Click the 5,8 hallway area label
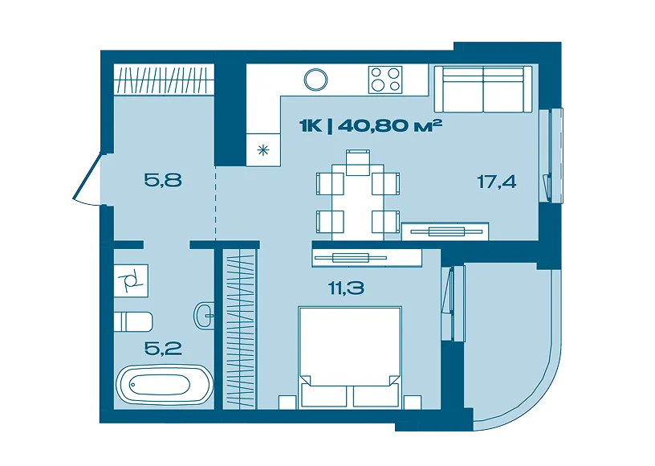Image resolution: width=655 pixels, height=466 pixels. tap(163, 181)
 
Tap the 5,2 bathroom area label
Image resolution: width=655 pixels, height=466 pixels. tap(163, 348)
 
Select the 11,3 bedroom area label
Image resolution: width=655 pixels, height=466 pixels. tap(346, 288)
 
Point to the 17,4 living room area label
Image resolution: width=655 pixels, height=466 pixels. tap(497, 182)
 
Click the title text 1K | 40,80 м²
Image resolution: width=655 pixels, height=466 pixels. tap(371, 125)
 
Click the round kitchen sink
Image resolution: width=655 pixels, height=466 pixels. tap(315, 80)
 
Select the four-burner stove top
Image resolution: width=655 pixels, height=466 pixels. tap(385, 80)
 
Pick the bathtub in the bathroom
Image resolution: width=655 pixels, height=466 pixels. tap(165, 385)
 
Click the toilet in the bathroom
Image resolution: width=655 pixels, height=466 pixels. tap(133, 321)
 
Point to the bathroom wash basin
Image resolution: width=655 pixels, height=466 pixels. tap(205, 315)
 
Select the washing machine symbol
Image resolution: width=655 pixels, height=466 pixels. tap(131, 280)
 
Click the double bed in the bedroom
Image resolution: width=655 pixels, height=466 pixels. tap(350, 357)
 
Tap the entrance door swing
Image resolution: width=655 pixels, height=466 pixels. tap(87, 180)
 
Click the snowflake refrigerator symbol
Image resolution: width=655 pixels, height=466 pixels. tap(263, 149)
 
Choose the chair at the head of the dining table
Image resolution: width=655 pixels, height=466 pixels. tap(358, 162)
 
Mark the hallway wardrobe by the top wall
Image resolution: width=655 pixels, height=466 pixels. tap(165, 80)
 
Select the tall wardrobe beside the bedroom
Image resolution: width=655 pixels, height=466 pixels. tap(239, 329)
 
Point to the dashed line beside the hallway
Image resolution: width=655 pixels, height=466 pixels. tap(216, 202)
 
